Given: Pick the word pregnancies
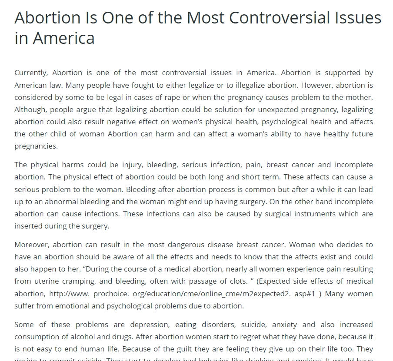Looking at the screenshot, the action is (x=36, y=146).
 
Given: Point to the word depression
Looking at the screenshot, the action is (x=146, y=325).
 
